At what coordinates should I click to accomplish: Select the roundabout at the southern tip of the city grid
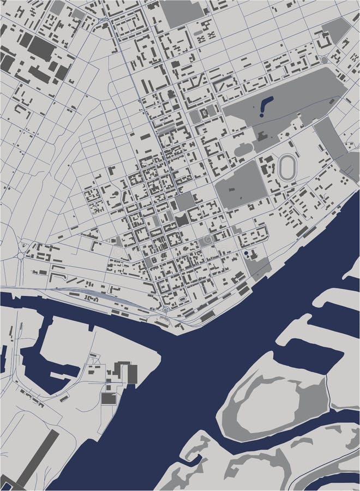coord(165,310)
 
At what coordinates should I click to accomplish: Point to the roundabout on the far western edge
coord(21,255)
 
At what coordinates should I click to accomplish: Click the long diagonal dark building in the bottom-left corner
coord(35,458)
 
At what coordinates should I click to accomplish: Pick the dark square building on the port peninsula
coord(109,398)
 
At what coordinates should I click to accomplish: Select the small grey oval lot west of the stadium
coord(243,148)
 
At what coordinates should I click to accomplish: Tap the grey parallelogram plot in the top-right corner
coord(336,30)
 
